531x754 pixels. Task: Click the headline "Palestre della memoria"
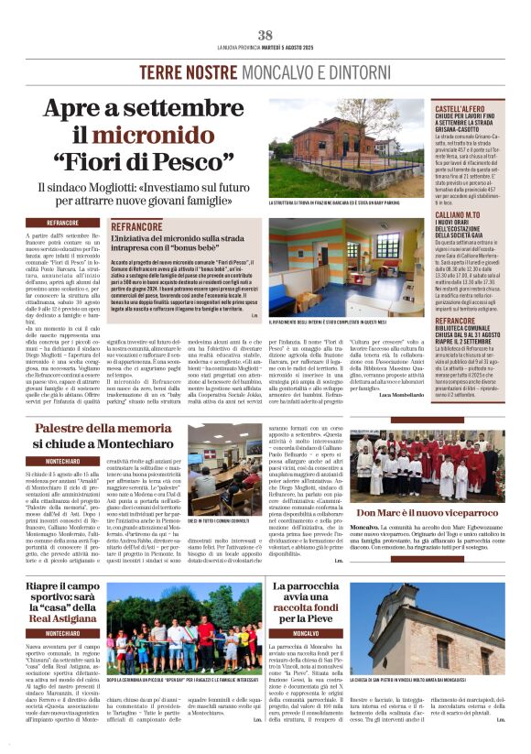click(x=104, y=429)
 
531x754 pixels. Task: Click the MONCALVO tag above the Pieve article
click(x=306, y=633)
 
